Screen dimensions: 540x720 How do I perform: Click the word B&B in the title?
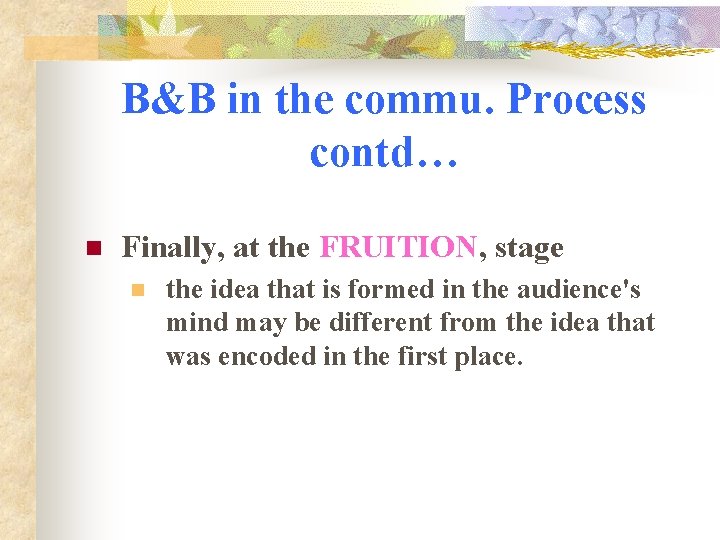tap(168, 100)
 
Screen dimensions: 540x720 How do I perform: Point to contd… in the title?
tap(383, 152)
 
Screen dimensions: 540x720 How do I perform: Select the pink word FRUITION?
tap(397, 247)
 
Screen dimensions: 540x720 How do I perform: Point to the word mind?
tap(197, 323)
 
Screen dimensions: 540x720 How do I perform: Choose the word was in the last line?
tap(186, 357)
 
